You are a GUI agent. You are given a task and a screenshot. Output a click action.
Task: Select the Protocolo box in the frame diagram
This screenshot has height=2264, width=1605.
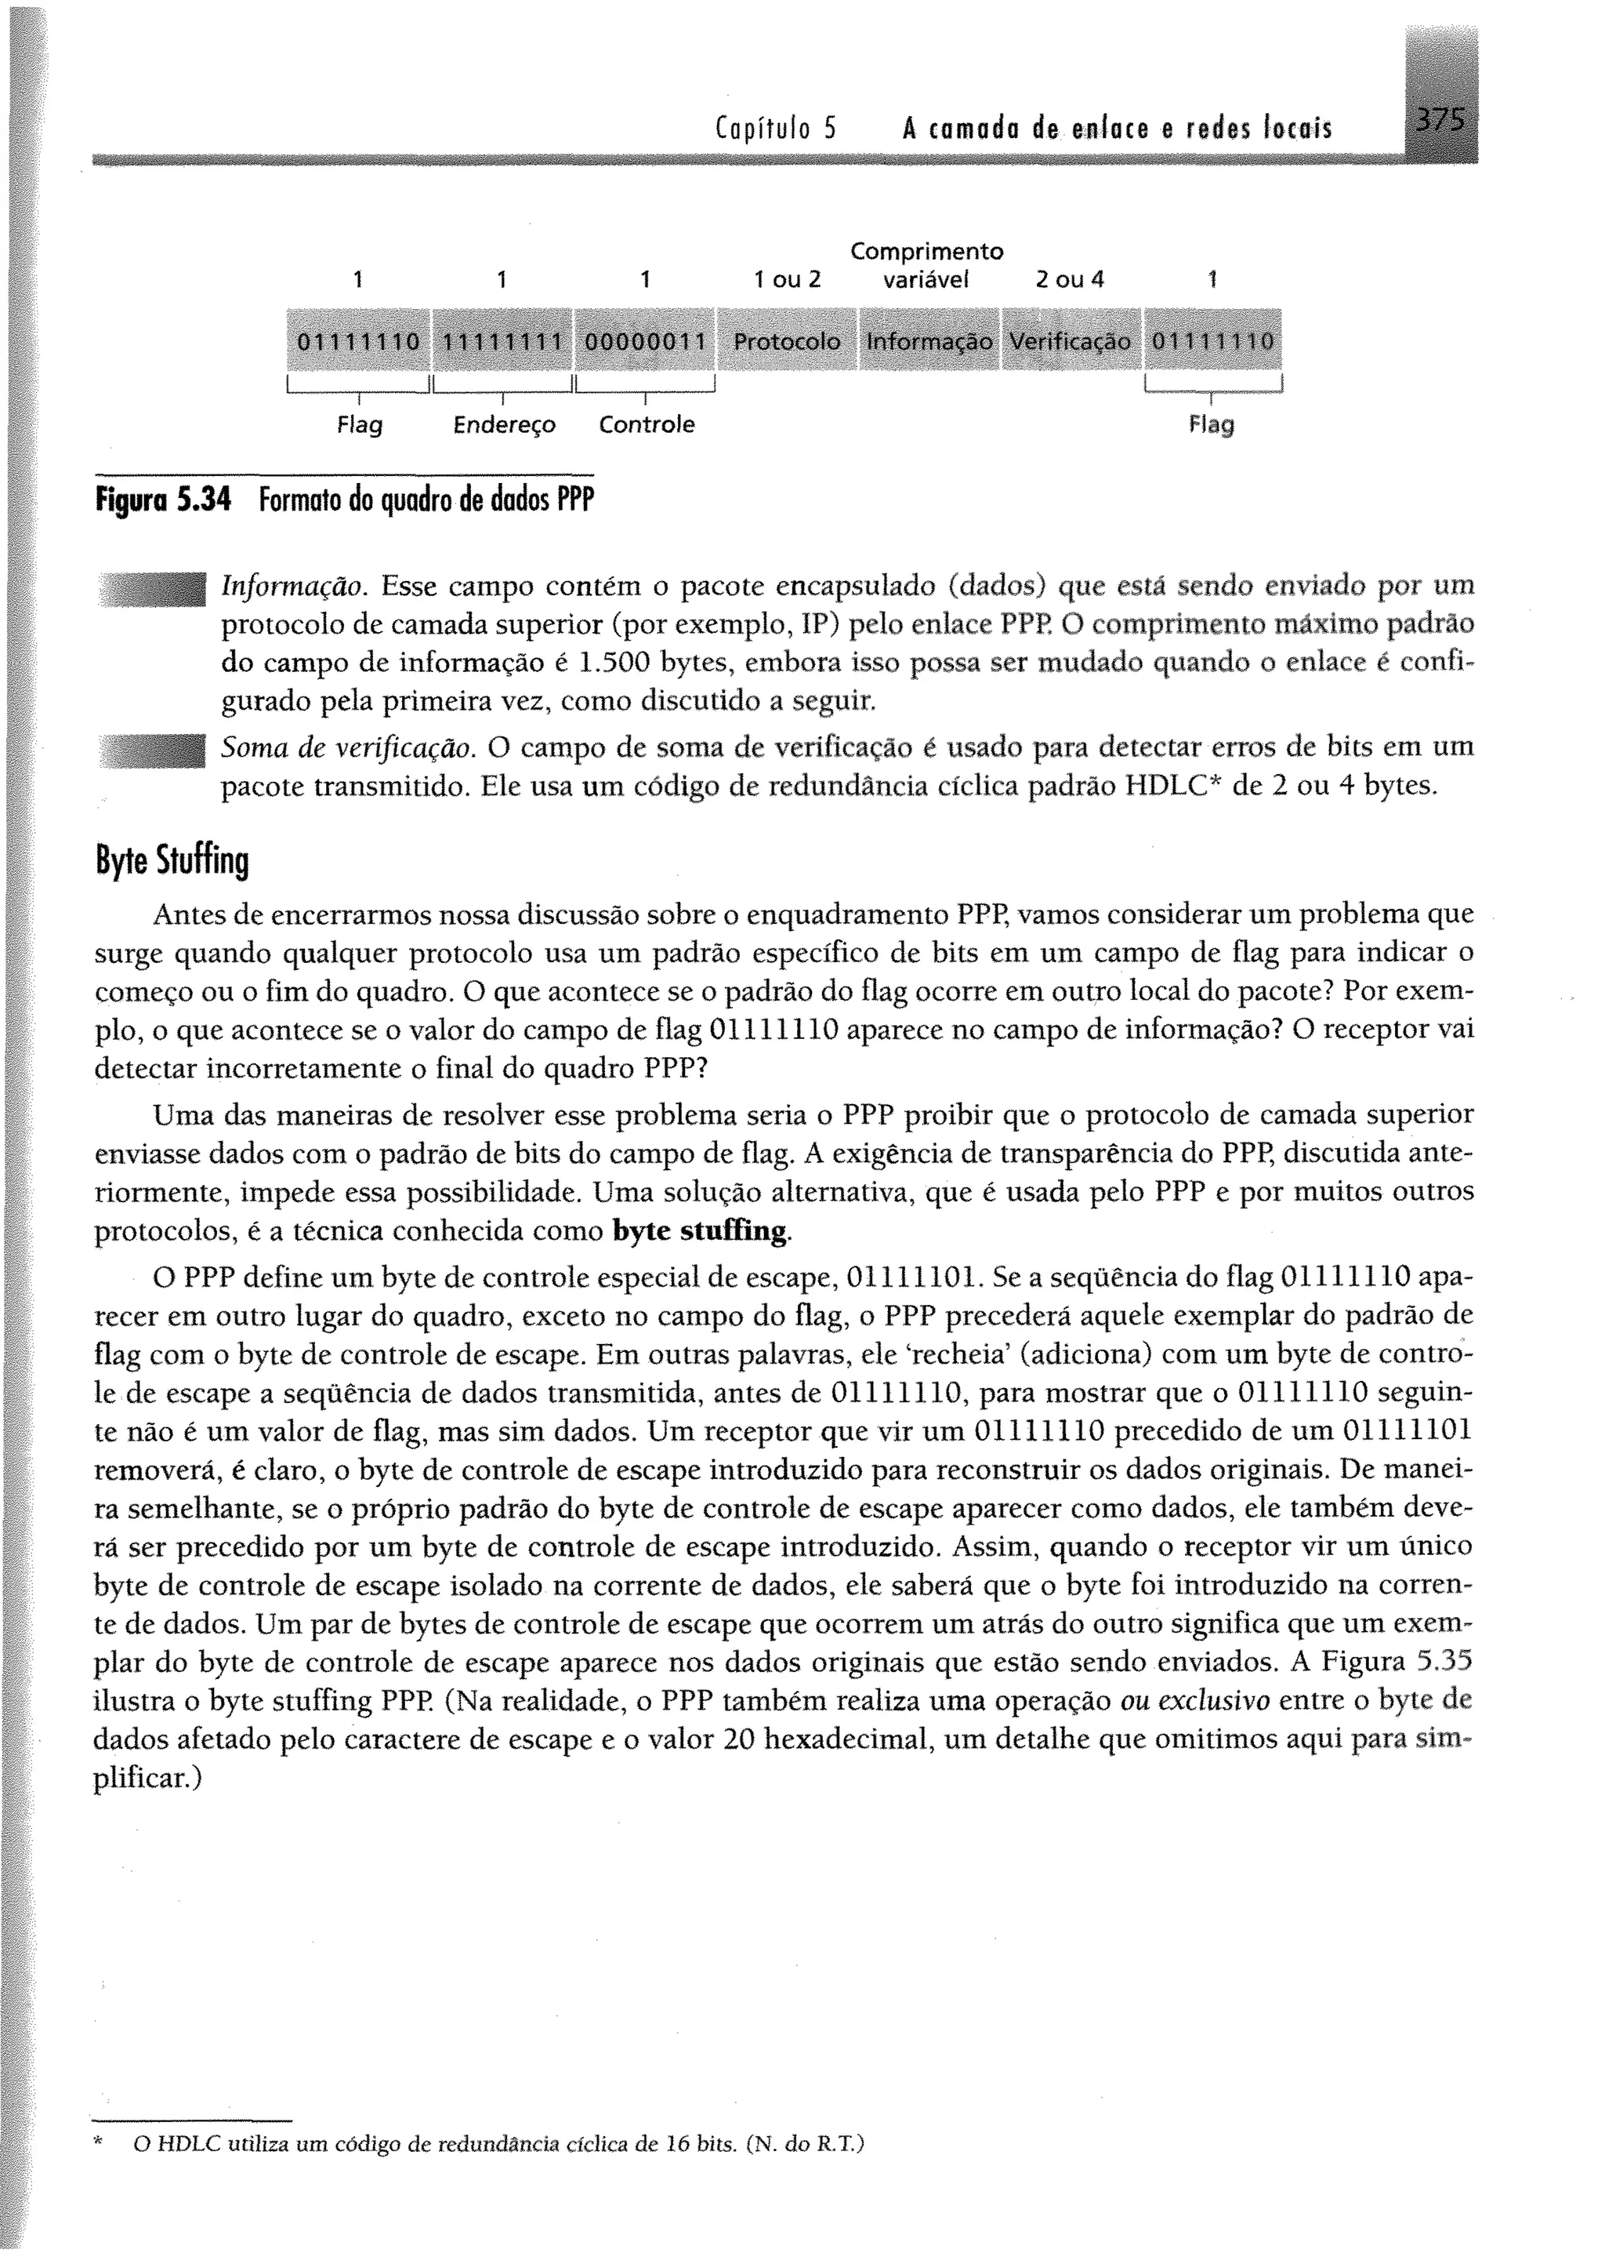tap(787, 341)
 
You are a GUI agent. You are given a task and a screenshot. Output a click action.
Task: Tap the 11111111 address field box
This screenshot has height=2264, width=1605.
tap(502, 341)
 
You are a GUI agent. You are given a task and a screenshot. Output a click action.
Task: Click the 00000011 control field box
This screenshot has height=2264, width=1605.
tap(644, 341)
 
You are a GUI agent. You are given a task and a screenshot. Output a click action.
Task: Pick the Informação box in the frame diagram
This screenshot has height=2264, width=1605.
tap(929, 341)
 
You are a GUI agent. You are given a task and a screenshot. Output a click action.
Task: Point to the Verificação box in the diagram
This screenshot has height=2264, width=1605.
tap(1071, 341)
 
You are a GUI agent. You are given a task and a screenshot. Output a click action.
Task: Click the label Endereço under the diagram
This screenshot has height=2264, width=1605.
tap(504, 425)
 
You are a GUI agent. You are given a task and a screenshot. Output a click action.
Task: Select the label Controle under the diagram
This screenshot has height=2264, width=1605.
tap(647, 425)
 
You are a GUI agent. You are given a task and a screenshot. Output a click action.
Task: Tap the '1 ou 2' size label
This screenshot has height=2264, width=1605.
tap(787, 281)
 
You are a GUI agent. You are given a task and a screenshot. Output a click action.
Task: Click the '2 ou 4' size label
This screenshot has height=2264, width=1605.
tap(1069, 281)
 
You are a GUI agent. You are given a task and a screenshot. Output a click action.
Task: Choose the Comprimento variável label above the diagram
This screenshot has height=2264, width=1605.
tap(927, 266)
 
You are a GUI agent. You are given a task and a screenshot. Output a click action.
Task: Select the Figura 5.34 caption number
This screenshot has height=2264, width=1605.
tap(162, 501)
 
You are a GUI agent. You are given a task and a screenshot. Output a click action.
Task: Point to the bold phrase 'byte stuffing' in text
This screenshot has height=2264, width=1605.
tap(701, 1231)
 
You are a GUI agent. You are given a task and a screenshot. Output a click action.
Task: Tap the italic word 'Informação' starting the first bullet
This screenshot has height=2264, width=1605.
tap(295, 587)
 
